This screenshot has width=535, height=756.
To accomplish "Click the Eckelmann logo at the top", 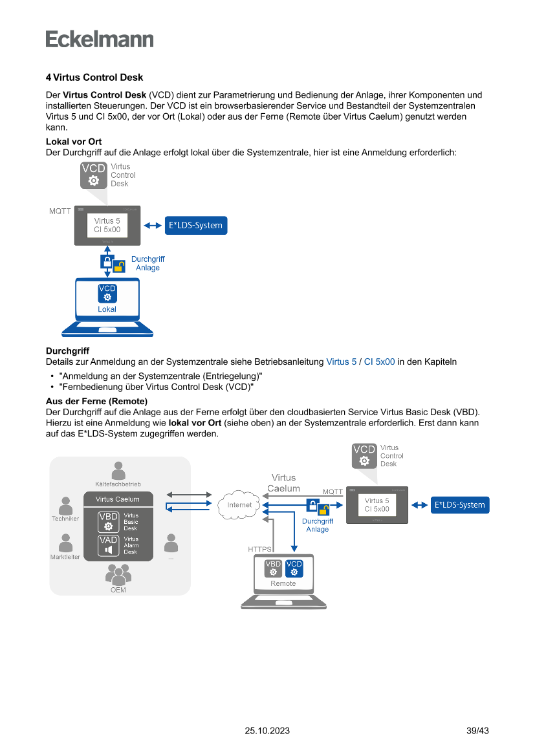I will [100, 39].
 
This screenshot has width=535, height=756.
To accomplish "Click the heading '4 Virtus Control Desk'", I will [94, 78].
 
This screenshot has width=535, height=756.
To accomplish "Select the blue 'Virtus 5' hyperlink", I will [341, 362].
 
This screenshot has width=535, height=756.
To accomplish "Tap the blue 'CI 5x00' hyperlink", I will [379, 362].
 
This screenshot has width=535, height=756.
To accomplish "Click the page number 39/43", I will [477, 731].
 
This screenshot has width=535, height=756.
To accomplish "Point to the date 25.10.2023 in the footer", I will [267, 731].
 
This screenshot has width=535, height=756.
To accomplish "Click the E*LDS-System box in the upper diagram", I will [195, 226].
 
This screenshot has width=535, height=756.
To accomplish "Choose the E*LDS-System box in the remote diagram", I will [460, 505].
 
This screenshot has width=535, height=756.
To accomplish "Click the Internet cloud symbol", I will [239, 505].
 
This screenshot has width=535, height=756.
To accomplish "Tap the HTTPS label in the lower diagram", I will [260, 549].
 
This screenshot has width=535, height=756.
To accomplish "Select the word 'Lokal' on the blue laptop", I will [107, 309].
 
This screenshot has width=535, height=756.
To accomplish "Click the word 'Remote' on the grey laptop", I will [283, 583].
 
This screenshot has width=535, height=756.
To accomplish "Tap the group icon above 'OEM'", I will [118, 574].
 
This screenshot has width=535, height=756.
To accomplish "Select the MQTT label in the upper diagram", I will [60, 211].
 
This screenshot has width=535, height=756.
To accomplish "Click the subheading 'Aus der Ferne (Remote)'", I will [96, 402].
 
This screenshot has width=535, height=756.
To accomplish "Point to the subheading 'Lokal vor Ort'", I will [74, 142].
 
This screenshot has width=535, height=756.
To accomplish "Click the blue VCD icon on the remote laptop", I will [294, 568].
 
